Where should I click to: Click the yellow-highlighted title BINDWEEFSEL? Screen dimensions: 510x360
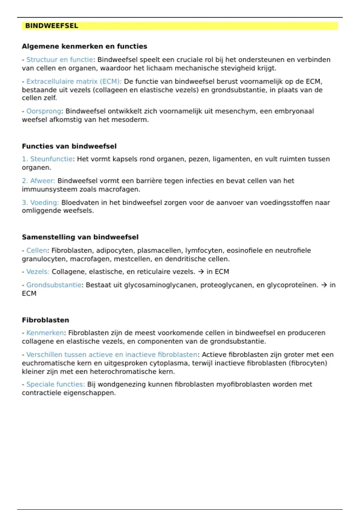tap(52, 26)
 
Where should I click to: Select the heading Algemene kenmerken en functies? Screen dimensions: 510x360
tap(84, 46)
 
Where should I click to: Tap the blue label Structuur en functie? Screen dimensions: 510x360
tap(59, 60)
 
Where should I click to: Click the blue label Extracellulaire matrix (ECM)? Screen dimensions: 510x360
tap(73, 81)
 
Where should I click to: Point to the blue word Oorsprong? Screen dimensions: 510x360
tap(44, 111)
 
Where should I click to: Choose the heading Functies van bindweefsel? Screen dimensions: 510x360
tap(69, 146)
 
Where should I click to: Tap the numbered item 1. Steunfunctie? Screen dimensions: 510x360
tap(47, 159)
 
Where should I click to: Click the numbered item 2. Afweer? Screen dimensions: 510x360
tap(38, 181)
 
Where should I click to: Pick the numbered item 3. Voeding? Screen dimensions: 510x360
tap(40, 202)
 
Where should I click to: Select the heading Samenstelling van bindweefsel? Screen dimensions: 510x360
tap(80, 237)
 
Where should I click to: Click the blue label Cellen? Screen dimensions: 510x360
tap(37, 250)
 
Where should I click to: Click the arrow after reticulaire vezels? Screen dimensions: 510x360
tap(201, 272)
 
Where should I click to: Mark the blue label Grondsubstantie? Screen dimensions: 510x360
tap(54, 285)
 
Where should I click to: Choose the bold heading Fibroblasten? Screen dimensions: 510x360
tap(45, 320)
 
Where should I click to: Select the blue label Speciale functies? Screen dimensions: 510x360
tap(55, 384)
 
